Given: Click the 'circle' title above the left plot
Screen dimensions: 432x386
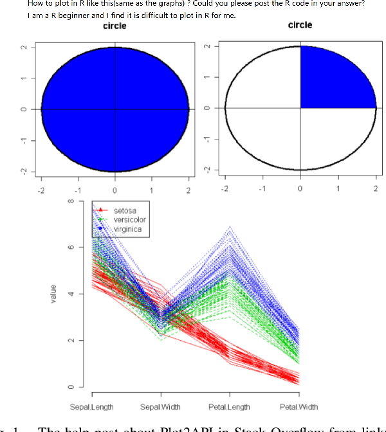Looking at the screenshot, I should tap(115, 26).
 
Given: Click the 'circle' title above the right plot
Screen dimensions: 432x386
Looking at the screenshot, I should tap(300, 25).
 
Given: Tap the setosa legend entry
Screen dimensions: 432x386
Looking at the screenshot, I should tap(124, 210).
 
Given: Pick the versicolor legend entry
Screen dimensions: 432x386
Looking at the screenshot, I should tap(129, 220).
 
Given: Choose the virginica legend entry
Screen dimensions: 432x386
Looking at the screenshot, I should tap(127, 229).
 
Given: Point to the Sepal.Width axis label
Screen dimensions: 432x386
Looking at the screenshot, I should tap(161, 408).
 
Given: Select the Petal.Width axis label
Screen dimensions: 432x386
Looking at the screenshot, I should tap(299, 408).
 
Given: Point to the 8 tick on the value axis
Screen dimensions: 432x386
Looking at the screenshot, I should tap(73, 201).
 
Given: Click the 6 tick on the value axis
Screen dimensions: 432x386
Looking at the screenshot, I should tap(73, 248).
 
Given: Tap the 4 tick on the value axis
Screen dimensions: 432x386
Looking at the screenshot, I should tap(73, 294).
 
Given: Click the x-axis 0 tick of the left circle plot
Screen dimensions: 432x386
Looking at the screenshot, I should tap(115, 190).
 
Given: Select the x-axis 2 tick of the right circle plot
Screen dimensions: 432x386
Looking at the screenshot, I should tap(376, 190).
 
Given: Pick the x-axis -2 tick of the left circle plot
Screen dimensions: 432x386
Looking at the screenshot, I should tap(41, 190).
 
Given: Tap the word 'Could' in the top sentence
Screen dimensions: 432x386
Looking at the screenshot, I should tap(205, 4).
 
